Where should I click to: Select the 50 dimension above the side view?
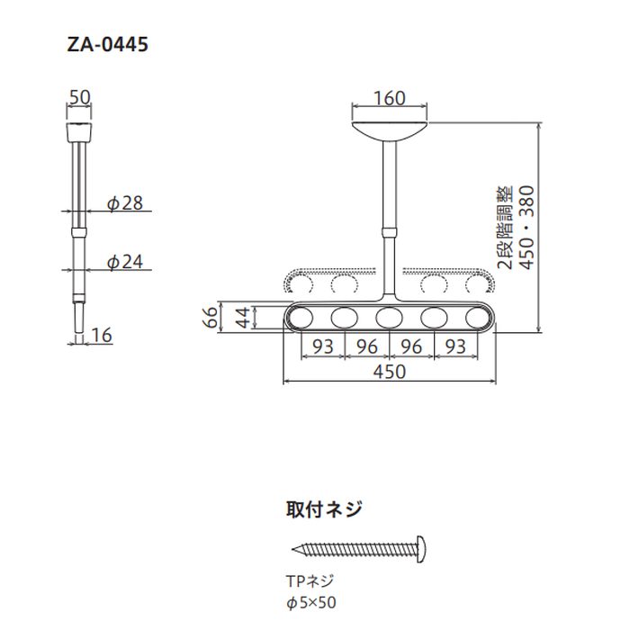79,96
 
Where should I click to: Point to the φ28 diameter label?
125,204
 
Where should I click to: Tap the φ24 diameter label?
125,262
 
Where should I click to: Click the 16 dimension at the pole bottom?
102,335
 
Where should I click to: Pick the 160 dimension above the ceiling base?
389,98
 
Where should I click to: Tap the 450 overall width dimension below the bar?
389,371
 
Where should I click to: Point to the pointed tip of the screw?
296,547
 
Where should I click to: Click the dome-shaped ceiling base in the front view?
389,126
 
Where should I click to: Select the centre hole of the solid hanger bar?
389,318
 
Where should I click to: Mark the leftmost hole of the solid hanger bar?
301,318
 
